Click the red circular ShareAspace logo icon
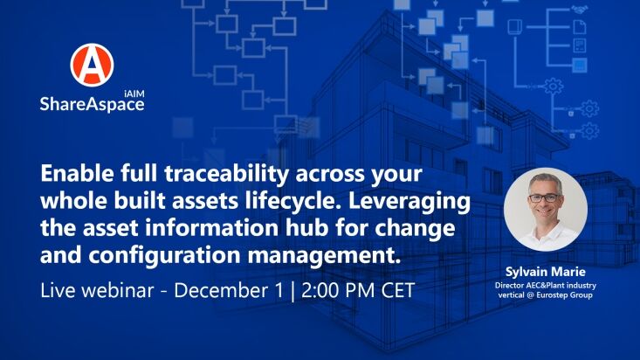(x=92, y=65)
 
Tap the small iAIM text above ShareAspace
(x=134, y=93)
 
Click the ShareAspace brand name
(x=92, y=104)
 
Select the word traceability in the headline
(x=226, y=174)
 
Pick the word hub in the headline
(x=306, y=227)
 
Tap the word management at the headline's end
(x=321, y=255)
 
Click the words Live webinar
(x=97, y=290)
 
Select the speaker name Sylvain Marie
(x=546, y=272)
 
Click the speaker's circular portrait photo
(x=546, y=209)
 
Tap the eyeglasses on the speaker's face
(x=545, y=198)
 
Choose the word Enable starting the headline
(x=77, y=173)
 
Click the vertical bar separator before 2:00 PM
(x=292, y=291)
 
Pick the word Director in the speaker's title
(x=509, y=285)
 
